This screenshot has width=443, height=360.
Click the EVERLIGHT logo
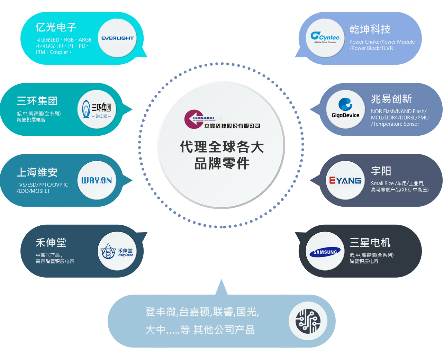click(117, 38)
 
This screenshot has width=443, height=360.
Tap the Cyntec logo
click(325, 37)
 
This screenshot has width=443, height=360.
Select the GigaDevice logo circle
click(345, 109)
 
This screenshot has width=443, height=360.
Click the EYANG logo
click(345, 180)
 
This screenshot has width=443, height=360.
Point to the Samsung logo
click(325, 252)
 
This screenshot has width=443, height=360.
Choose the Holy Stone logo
click(117, 251)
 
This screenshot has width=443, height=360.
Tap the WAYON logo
click(97, 180)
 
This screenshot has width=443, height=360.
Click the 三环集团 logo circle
click(97, 109)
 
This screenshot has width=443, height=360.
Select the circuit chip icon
click(308, 321)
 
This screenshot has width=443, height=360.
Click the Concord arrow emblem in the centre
click(194, 119)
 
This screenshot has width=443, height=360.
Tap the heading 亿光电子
click(56, 27)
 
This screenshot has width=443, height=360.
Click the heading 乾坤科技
click(370, 29)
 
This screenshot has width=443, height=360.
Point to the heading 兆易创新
click(391, 99)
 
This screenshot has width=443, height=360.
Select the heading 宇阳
click(381, 171)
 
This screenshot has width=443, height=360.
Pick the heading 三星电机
click(370, 243)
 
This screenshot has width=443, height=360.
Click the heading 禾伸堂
click(51, 243)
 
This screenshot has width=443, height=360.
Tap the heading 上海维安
click(37, 172)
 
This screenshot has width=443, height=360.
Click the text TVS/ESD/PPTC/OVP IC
click(42, 185)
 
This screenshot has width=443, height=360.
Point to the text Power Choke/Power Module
click(382, 42)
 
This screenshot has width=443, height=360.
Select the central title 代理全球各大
click(222, 147)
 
